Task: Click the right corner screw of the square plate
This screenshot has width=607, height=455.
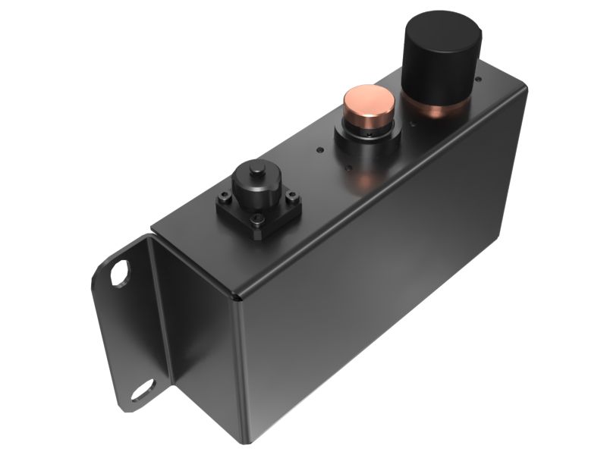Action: (291, 199)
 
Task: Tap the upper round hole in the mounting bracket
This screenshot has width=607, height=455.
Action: (120, 274)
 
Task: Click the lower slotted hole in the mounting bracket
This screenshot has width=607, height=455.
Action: (141, 393)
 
